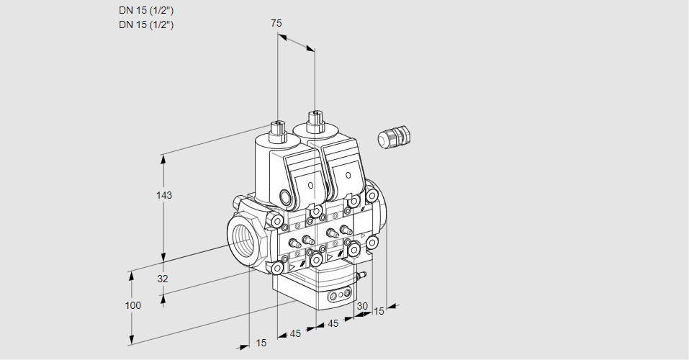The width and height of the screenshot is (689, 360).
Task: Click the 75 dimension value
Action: tap(276, 23)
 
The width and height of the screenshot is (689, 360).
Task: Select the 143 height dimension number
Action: tap(166, 195)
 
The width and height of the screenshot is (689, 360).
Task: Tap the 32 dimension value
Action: tap(163, 279)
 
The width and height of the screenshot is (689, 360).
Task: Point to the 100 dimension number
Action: tap(133, 305)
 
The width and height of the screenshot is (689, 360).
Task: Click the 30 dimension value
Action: tap(361, 306)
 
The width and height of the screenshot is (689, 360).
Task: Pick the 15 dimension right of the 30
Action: tap(379, 311)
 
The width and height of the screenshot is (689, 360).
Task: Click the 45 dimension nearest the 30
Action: tap(333, 324)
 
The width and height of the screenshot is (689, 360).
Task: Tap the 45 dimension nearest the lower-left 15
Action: tap(295, 333)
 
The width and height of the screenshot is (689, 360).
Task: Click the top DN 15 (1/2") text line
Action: tap(146, 10)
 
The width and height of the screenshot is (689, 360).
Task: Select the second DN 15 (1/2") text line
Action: tap(146, 24)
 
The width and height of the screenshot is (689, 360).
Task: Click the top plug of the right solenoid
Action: tap(314, 119)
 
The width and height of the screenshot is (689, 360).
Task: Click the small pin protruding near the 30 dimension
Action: tap(362, 275)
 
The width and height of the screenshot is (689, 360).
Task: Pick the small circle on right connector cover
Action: tap(348, 176)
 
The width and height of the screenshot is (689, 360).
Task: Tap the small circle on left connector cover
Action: tap(311, 185)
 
